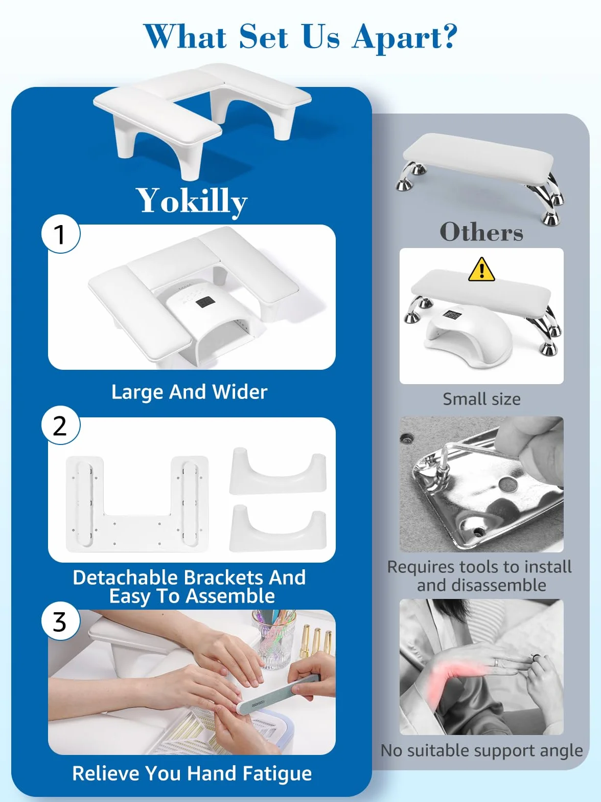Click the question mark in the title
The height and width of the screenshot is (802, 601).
[x=447, y=36]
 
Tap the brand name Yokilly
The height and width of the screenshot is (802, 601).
[x=192, y=201]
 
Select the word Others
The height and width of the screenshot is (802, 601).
[x=481, y=232]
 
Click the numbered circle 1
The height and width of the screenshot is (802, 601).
[x=61, y=234]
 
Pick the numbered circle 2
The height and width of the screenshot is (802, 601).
[x=61, y=426]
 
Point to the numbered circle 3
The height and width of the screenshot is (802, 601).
[x=61, y=621]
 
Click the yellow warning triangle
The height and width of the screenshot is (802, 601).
[x=482, y=270]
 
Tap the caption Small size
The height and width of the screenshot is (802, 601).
[x=482, y=399]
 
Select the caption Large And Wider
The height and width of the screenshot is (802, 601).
[x=190, y=392]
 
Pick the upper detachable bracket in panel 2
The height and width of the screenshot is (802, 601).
[x=278, y=472]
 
